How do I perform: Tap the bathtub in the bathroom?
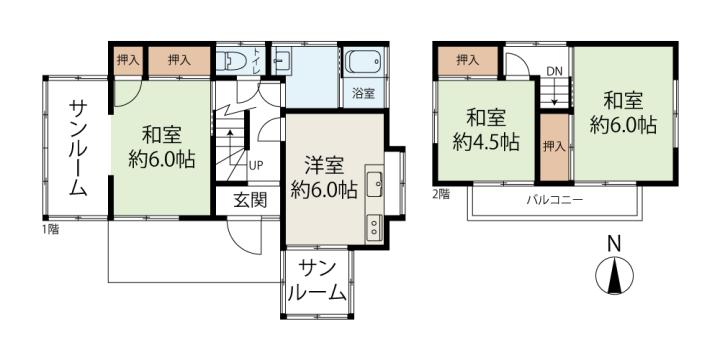pyautogui.click(x=363, y=62)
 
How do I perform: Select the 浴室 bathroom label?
pyautogui.click(x=363, y=94)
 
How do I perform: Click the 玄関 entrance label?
pyautogui.click(x=249, y=200)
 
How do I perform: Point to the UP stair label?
pyautogui.click(x=256, y=165)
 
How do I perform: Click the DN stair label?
pyautogui.click(x=554, y=71)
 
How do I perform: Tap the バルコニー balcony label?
pyautogui.click(x=554, y=200)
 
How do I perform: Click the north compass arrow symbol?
pyautogui.click(x=614, y=276)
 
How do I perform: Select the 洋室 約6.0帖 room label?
pyautogui.click(x=324, y=177)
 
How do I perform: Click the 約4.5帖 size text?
pyautogui.click(x=486, y=142)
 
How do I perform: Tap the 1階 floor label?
pyautogui.click(x=51, y=230)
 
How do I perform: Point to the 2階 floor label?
pyautogui.click(x=441, y=194)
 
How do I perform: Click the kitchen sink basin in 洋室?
pyautogui.click(x=375, y=184)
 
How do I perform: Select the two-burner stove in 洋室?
pyautogui.click(x=374, y=228)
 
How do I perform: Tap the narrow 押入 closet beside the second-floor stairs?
pyautogui.click(x=554, y=147)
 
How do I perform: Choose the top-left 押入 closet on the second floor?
pyautogui.click(x=467, y=60)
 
